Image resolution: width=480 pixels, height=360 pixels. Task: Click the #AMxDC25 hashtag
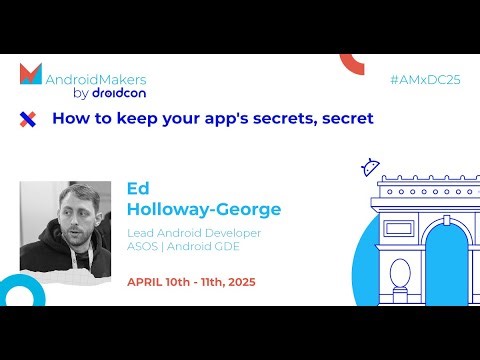click(425, 77)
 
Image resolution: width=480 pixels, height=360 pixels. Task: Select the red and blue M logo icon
click(31, 74)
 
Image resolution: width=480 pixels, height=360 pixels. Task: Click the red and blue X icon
click(28, 119)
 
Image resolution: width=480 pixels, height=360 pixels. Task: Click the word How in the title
click(69, 118)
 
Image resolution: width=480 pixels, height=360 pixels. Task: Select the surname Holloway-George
click(204, 209)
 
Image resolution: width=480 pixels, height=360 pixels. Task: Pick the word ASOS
click(144, 248)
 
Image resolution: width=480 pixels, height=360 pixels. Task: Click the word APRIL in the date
click(146, 282)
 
